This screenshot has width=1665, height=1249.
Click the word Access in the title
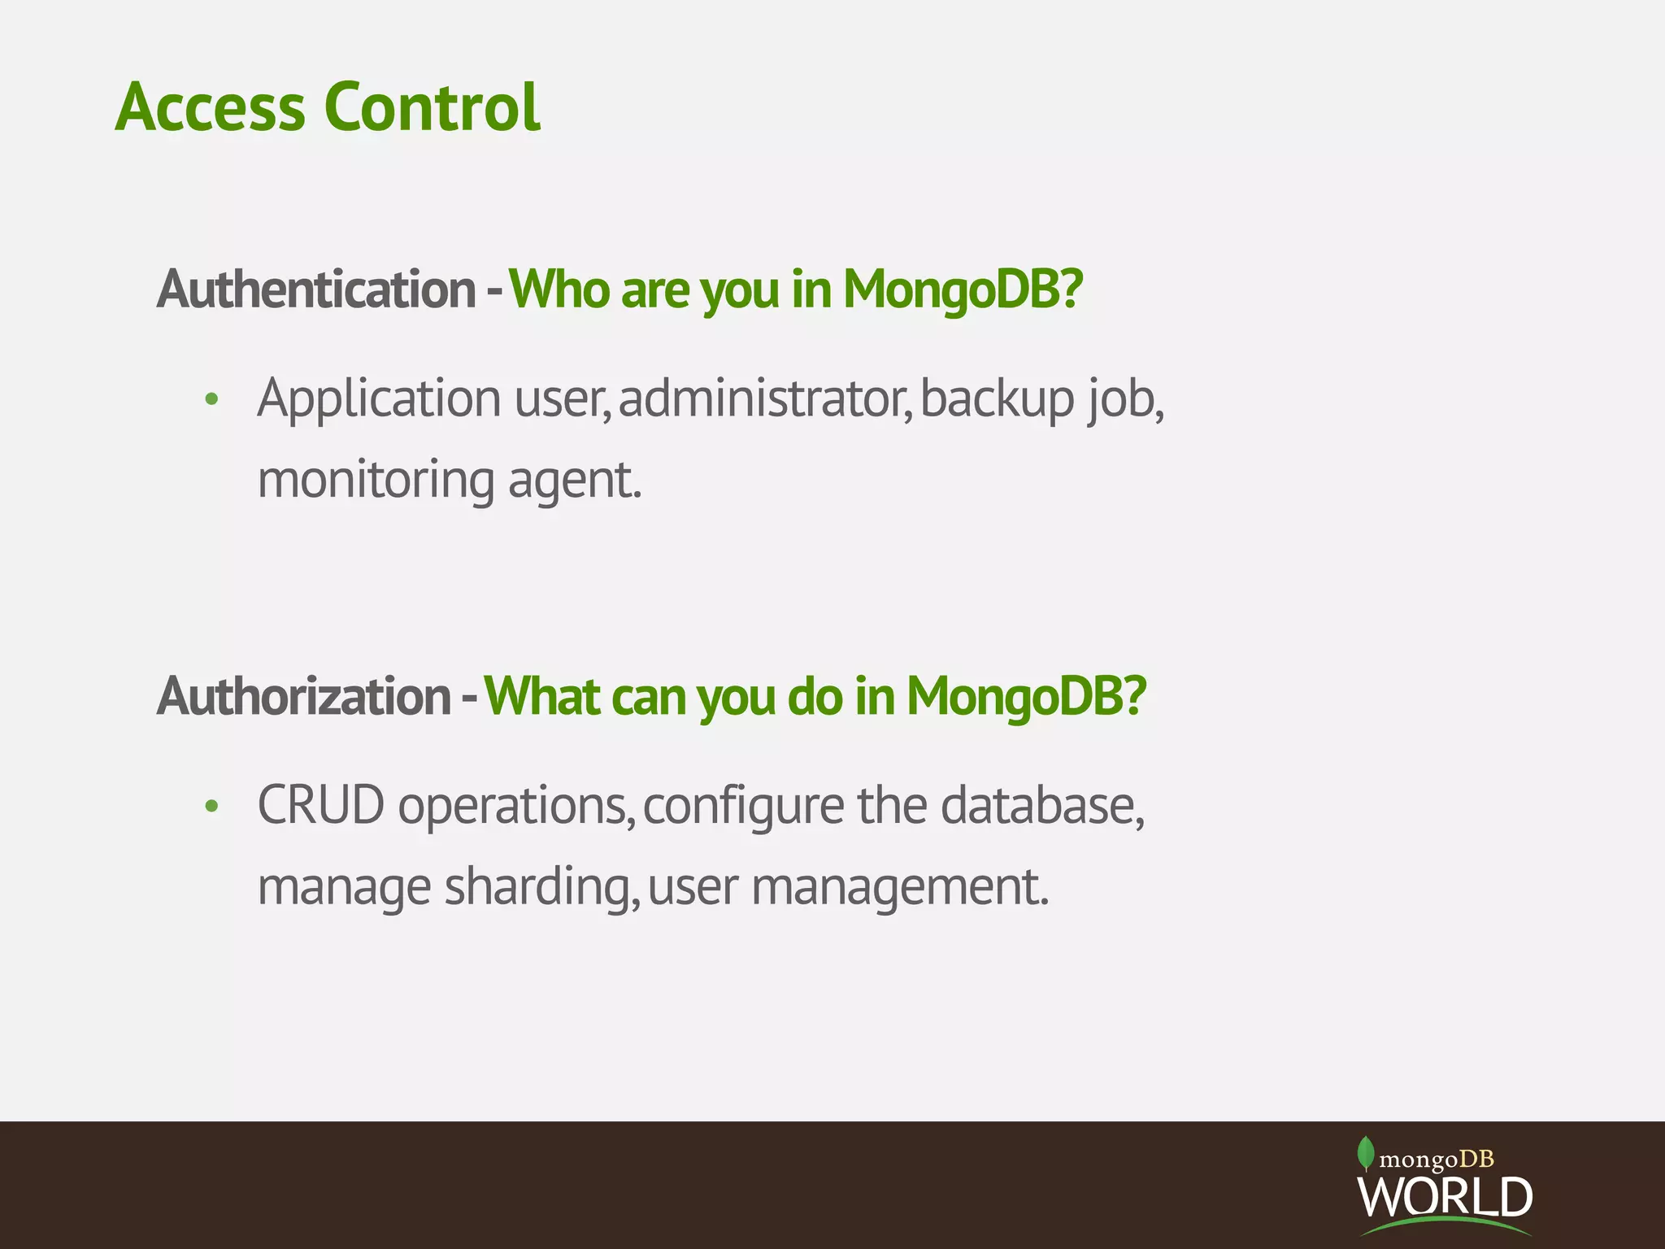[210, 107]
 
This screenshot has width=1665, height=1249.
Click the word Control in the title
[432, 107]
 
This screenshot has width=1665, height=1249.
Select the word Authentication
[316, 289]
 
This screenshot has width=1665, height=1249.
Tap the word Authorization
[304, 697]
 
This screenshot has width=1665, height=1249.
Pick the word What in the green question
[542, 697]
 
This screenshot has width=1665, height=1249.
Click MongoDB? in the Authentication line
[963, 289]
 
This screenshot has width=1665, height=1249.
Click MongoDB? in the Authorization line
[1026, 697]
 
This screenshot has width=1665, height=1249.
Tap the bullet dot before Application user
[212, 399]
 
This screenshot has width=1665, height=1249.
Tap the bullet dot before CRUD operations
[212, 807]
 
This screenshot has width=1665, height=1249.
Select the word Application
[379, 400]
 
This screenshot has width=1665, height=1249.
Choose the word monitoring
[376, 480]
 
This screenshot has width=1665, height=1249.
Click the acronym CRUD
[321, 806]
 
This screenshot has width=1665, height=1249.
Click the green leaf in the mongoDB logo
[1366, 1152]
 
